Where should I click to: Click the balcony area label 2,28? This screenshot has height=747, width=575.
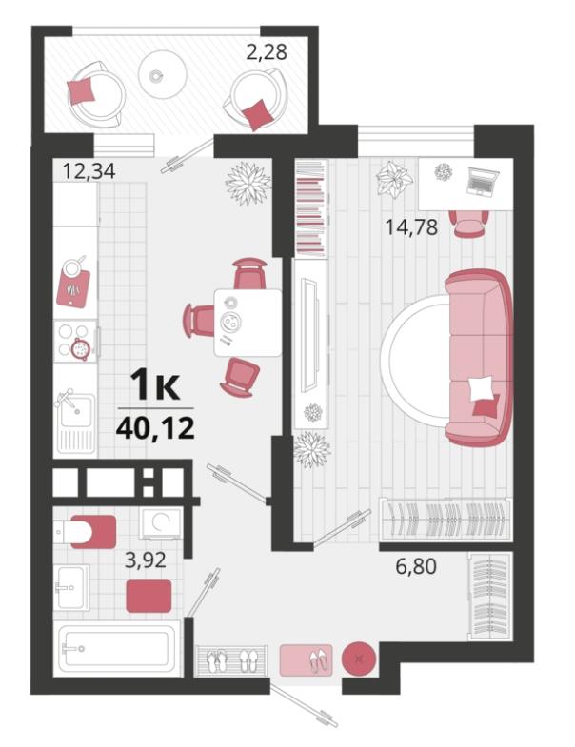[x=267, y=51]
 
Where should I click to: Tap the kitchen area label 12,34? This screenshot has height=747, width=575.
[x=89, y=170]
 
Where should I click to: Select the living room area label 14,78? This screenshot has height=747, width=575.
[x=411, y=226]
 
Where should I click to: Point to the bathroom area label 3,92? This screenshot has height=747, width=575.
[x=146, y=560]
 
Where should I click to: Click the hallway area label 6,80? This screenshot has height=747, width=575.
[x=416, y=566]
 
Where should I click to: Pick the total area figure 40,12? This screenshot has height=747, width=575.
[x=155, y=429]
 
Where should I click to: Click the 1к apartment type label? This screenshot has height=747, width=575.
[x=155, y=385]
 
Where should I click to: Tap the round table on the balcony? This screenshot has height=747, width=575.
[x=162, y=74]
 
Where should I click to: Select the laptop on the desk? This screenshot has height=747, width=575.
[x=483, y=182]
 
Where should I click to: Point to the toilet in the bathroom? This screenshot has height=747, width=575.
[x=85, y=531]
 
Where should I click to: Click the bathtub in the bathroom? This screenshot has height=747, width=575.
[x=117, y=648]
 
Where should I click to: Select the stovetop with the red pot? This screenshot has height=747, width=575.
[x=76, y=341]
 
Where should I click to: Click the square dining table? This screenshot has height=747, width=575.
[x=248, y=323]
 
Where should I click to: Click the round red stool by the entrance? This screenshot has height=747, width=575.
[x=359, y=659]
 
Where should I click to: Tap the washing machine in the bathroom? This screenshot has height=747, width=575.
[x=161, y=524]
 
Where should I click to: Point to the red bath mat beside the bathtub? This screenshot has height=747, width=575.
[x=149, y=596]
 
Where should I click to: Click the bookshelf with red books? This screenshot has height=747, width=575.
[x=312, y=207]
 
